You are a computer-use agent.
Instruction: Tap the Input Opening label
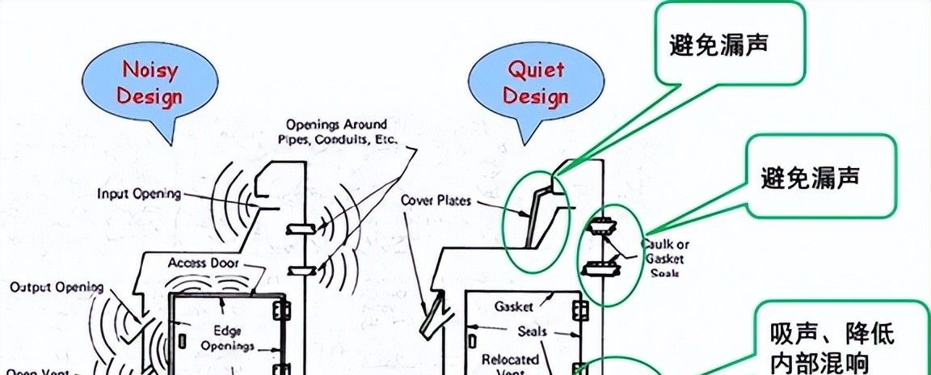click(139, 194)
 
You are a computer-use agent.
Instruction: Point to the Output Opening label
click(57, 288)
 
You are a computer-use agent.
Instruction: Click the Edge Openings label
click(232, 338)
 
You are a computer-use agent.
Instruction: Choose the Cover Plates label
click(436, 200)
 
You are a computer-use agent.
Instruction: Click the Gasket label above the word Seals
click(512, 307)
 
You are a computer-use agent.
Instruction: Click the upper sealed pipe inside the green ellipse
click(603, 227)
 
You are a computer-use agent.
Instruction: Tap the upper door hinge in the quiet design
click(579, 311)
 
